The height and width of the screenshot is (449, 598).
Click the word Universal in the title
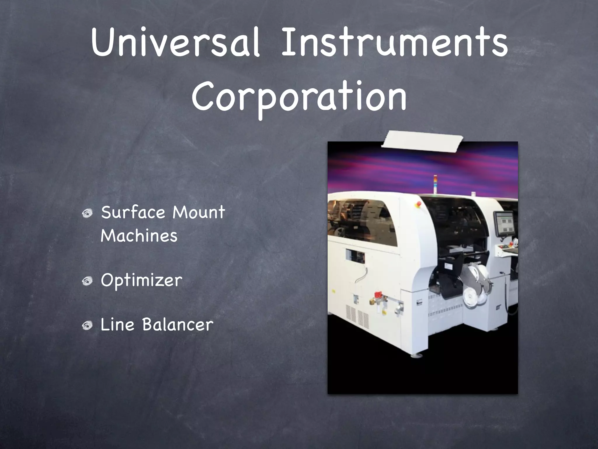(x=175, y=44)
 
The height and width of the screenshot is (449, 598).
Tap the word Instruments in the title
(x=394, y=44)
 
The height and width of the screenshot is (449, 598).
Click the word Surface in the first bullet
(x=133, y=213)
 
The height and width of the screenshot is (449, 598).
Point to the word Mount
(x=199, y=213)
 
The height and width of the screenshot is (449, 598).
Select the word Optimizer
(x=142, y=281)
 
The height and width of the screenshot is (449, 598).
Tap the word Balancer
(x=178, y=325)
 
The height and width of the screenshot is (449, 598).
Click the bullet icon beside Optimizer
(x=87, y=281)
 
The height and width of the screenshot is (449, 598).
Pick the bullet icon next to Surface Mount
(x=87, y=213)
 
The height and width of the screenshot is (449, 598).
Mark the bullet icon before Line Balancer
(x=87, y=325)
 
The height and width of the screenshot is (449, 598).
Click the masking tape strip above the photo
(x=422, y=142)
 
